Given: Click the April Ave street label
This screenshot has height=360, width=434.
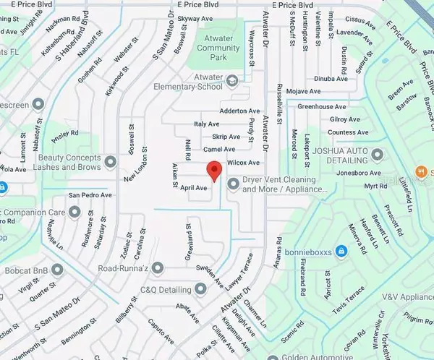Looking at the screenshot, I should (x=195, y=187).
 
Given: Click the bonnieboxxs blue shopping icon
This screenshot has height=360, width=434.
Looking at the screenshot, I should (x=342, y=251).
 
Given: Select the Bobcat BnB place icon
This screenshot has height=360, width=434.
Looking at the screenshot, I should (x=57, y=270).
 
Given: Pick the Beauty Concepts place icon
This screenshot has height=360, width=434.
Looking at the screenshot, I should (x=110, y=160).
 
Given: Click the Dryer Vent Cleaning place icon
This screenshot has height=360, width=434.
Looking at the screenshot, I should (x=233, y=184).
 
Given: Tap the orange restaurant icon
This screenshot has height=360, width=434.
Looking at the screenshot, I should (x=419, y=172).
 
